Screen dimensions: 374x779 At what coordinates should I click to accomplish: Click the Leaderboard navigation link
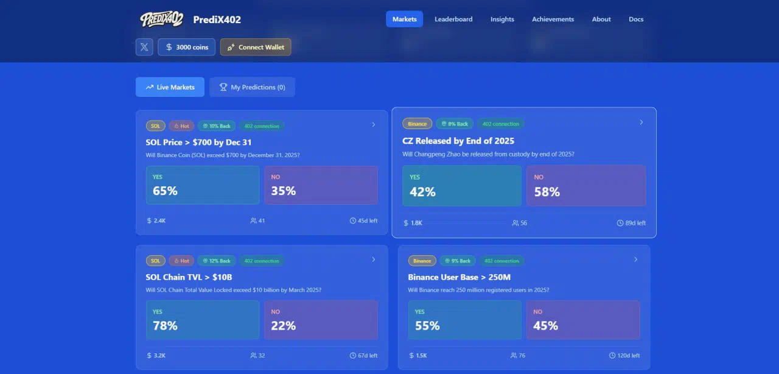(453, 19)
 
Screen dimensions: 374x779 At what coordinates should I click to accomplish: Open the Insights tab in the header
(502, 19)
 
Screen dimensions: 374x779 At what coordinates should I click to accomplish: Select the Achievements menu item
(553, 19)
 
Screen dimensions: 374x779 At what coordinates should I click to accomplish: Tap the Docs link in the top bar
(636, 19)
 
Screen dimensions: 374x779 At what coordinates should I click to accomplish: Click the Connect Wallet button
(256, 47)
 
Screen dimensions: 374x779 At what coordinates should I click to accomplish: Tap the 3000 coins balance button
(186, 47)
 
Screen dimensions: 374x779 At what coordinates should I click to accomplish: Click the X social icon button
(144, 47)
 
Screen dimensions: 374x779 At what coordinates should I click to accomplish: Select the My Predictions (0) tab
(252, 87)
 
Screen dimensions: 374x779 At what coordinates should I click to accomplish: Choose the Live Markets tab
(170, 87)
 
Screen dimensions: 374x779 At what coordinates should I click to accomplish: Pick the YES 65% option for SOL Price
(203, 185)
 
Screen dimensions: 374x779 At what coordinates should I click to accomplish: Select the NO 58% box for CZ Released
(586, 186)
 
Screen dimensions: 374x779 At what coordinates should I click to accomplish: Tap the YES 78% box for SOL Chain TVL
(203, 320)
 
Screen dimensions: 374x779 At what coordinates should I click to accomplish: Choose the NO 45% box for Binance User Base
(582, 320)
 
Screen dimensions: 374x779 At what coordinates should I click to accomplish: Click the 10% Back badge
(217, 126)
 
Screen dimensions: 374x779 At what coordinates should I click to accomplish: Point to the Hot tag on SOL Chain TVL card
(181, 261)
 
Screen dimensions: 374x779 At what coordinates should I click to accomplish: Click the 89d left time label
(631, 223)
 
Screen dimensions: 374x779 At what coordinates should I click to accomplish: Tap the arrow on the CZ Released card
(641, 122)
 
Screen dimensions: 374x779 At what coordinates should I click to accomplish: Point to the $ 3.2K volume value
(156, 356)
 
